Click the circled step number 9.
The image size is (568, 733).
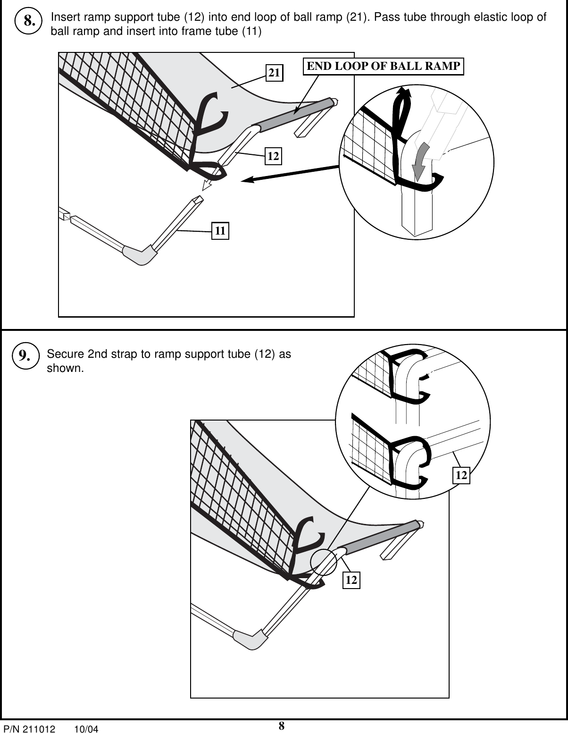pyautogui.click(x=25, y=356)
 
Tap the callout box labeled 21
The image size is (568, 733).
pyautogui.click(x=275, y=73)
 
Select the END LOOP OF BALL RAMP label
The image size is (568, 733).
pyautogui.click(x=383, y=66)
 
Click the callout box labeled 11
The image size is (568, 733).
pyautogui.click(x=220, y=231)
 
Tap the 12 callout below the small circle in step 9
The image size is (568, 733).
pyautogui.click(x=351, y=580)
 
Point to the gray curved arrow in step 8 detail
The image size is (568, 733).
pyautogui.click(x=419, y=160)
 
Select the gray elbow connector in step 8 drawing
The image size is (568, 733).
pyautogui.click(x=139, y=255)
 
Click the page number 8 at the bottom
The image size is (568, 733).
pyautogui.click(x=281, y=726)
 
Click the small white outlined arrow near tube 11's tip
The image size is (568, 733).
pyautogui.click(x=206, y=185)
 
